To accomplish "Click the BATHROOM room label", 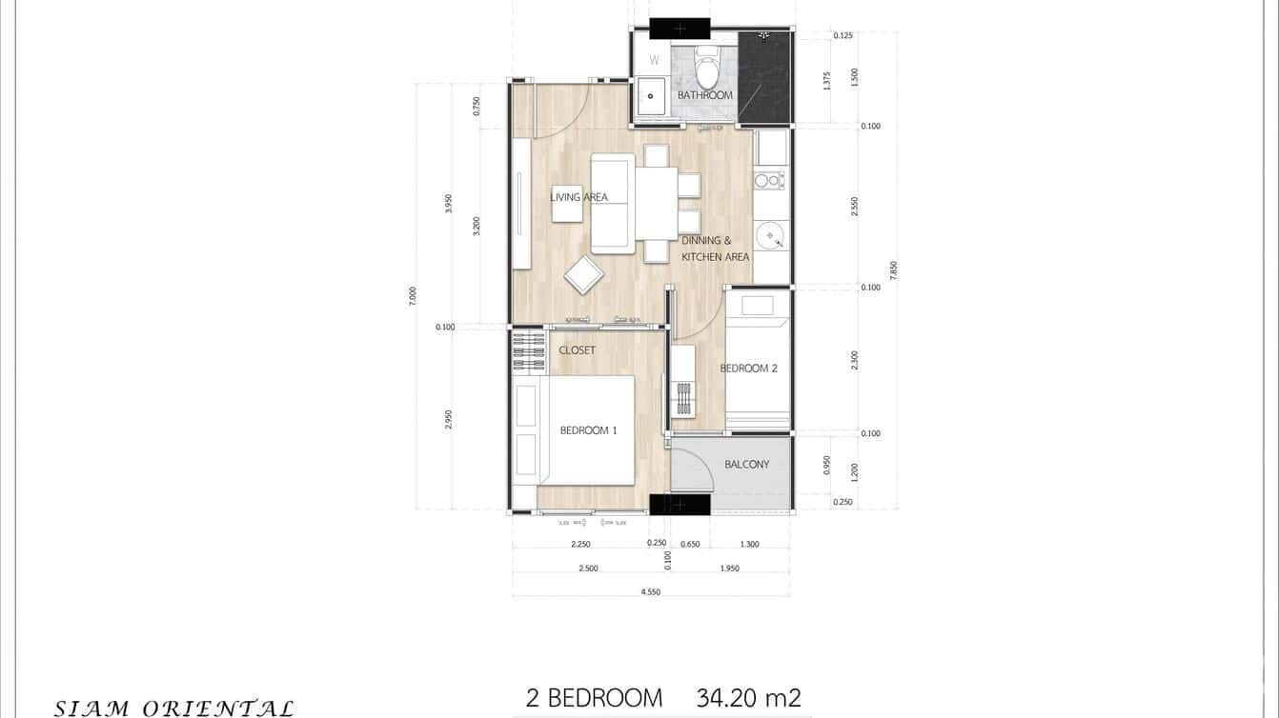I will coord(704,95).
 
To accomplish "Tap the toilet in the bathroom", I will coord(707,68).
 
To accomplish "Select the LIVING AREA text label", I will coord(579,197).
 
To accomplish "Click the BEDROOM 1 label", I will coord(588,430).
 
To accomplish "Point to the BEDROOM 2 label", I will coord(748,368).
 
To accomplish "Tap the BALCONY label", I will coord(746,465).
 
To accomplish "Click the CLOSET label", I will coord(577,350).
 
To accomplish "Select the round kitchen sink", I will coord(769,234).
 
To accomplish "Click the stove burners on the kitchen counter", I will coord(769,180).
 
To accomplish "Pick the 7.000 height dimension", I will coord(413,296).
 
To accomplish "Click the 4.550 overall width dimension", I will coord(651,592).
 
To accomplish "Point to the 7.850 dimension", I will coord(893,269).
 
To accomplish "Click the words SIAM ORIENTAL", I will coord(173,708).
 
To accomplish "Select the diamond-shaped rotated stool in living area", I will coord(583,276).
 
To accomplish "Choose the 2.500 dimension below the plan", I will coord(588,568).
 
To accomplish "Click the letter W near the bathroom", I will coord(654,60).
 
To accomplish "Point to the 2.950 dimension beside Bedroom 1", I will coord(448,419).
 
